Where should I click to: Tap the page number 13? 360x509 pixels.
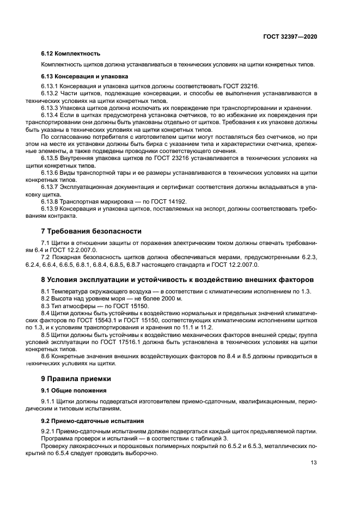314,463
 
